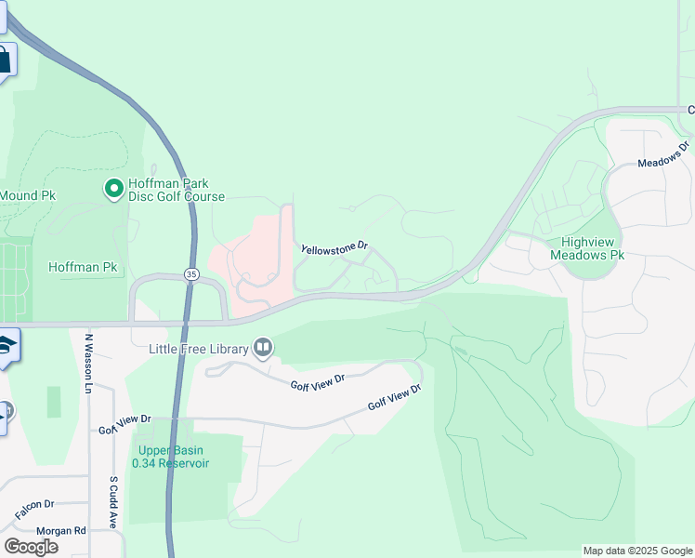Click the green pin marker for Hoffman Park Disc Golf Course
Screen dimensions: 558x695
[114, 189]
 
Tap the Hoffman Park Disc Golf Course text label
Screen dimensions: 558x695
[177, 190]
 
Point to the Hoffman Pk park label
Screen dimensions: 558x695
[83, 267]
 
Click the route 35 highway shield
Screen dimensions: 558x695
[191, 274]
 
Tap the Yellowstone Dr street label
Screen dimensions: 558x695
[335, 248]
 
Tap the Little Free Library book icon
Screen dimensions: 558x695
[264, 348]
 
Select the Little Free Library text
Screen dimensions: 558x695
[200, 349]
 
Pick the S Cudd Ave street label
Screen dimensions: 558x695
[112, 502]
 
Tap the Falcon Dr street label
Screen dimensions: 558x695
[34, 509]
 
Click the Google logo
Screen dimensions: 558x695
[31, 546]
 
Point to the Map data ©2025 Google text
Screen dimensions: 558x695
[636, 551]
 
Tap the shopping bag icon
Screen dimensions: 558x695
[4, 61]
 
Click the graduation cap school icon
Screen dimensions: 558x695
[7, 345]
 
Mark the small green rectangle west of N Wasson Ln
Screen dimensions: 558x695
[53, 402]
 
